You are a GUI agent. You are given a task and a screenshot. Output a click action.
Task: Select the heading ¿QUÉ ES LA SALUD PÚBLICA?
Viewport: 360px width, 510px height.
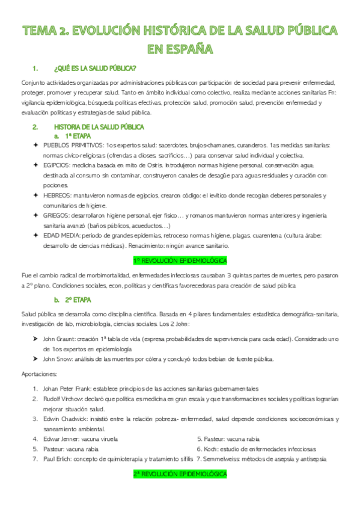coord(95,68)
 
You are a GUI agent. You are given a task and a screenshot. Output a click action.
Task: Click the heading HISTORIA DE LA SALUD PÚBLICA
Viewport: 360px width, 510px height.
coord(99,127)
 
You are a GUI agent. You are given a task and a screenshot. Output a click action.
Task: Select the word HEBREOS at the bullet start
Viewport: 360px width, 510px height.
coord(57,195)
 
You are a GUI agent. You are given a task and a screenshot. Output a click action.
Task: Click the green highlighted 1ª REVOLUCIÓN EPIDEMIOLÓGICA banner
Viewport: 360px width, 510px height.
coord(180,260)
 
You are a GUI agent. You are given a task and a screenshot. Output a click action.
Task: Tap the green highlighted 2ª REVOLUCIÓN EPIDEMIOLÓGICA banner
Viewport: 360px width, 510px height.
coord(180,475)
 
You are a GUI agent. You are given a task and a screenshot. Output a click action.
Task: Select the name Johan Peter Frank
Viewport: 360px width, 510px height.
coord(69,388)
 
